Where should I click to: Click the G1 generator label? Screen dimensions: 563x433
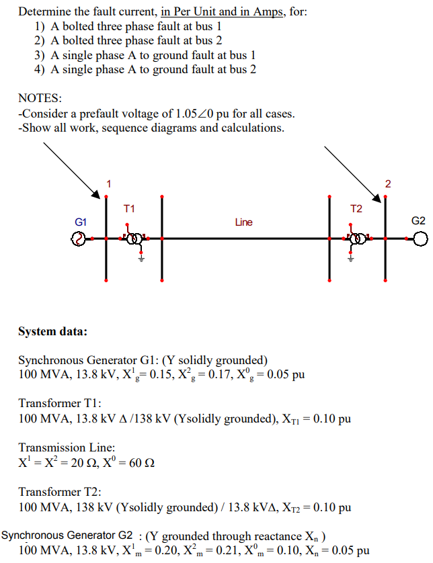[81, 221]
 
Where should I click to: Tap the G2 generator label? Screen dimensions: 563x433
[418, 221]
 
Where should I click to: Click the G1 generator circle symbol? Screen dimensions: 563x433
[78, 239]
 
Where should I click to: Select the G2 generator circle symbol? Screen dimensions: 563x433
[420, 239]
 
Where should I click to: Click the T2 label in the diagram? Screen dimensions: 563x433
[356, 209]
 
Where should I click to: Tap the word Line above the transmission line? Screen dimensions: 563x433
[243, 222]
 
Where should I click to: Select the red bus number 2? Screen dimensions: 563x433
[388, 183]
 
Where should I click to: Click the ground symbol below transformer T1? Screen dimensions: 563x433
[142, 257]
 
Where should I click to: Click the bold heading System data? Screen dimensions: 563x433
[52, 331]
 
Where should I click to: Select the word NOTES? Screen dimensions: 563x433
[40, 99]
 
